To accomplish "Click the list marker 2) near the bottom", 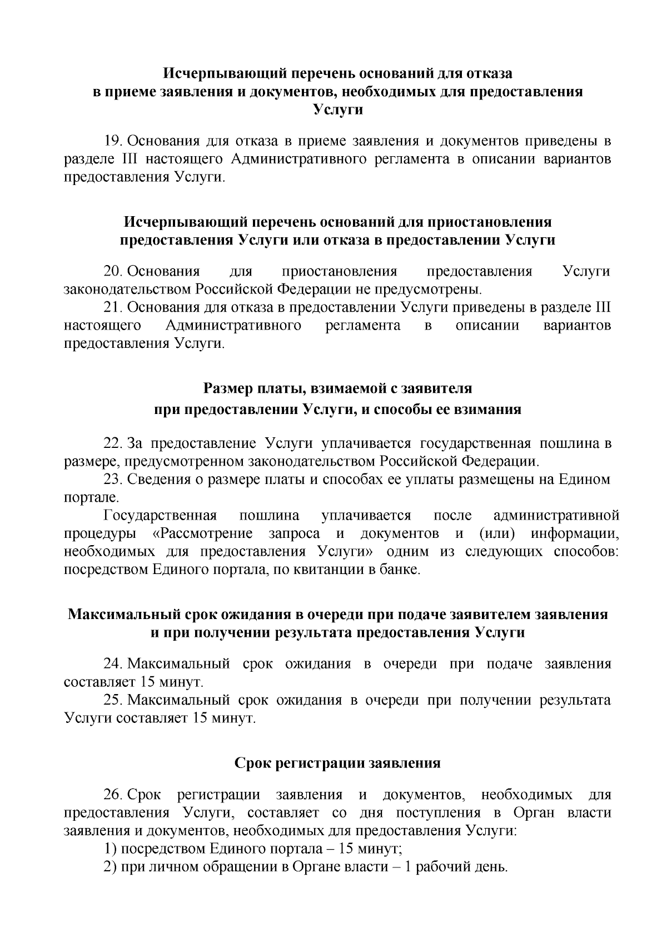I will (110, 867).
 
